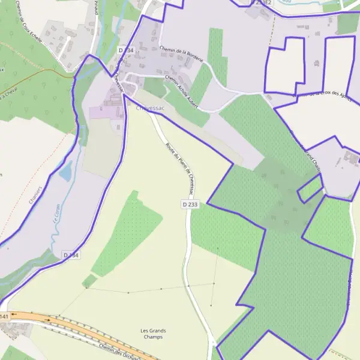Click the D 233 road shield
(190, 205)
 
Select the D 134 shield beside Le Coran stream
(71, 255)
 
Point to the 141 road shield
(4, 316)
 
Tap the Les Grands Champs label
(153, 334)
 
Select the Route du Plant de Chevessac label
(179, 167)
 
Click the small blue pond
(65, 173)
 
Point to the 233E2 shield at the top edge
(263, 2)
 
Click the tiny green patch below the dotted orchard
(89, 281)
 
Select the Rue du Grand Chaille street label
(306, 153)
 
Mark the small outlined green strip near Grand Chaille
(310, 189)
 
